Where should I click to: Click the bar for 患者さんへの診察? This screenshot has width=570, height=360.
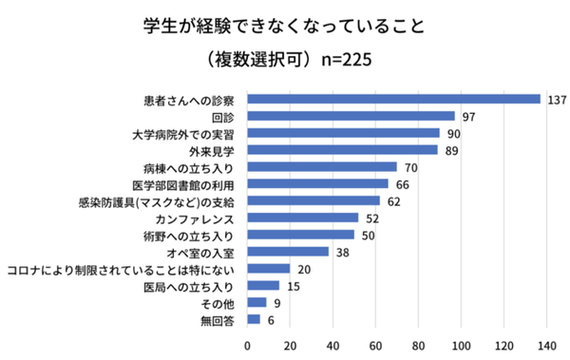[392, 99]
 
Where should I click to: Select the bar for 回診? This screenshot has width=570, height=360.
[350, 116]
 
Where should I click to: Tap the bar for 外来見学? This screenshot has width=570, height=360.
[342, 150]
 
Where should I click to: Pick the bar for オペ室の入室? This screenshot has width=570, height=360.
[287, 252]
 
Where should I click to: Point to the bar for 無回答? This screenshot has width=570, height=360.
[253, 319]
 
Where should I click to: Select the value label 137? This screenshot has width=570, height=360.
[557, 99]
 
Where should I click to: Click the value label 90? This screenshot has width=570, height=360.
[455, 133]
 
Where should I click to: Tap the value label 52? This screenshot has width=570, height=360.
[373, 218]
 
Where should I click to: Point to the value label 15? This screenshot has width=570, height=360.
[294, 286]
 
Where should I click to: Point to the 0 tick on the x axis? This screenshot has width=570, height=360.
[247, 344]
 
